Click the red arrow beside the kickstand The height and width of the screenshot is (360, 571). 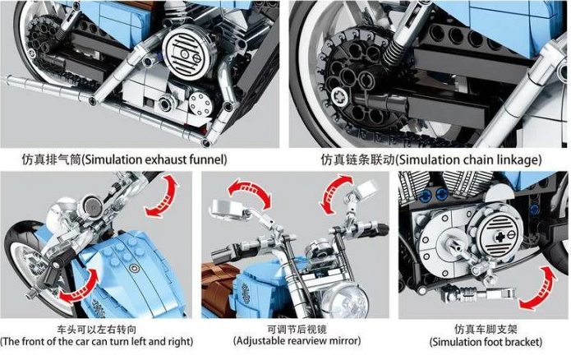(538, 288)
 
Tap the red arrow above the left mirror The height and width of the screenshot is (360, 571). (249, 193)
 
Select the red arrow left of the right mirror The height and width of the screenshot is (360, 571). (334, 194)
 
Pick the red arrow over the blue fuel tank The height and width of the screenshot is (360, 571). (80, 288)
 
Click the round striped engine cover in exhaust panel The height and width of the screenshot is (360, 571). (186, 53)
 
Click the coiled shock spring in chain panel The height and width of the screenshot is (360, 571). (396, 50)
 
